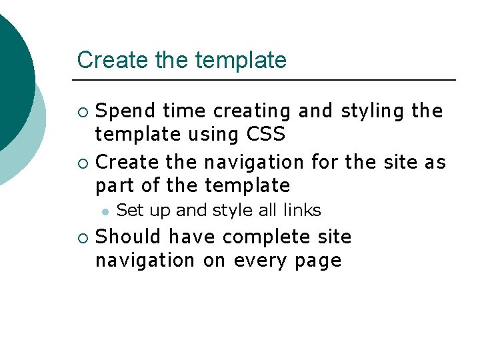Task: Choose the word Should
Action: point(129,237)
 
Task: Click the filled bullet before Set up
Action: point(105,211)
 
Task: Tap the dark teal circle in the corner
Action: point(10,73)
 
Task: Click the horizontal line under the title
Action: point(267,80)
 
